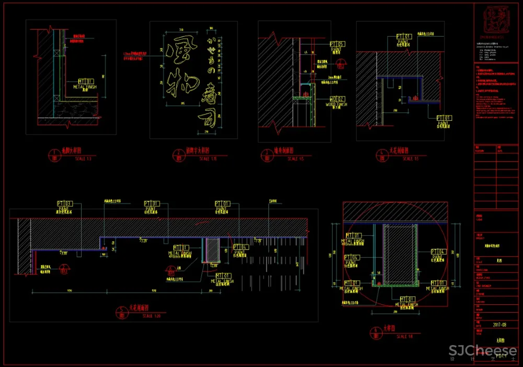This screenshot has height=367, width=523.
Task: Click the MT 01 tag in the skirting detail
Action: pyautogui.click(x=86, y=82)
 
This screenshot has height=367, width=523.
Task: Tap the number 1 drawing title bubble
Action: pyautogui.click(x=54, y=155)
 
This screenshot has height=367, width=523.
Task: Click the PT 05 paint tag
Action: pyautogui.click(x=337, y=44)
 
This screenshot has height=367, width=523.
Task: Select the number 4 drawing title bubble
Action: pyautogui.click(x=380, y=155)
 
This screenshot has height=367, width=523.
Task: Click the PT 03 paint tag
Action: pyautogui.click(x=65, y=204)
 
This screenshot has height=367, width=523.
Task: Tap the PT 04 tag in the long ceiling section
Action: pyautogui.click(x=240, y=247)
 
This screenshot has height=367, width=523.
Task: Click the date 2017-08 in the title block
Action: pyautogui.click(x=499, y=324)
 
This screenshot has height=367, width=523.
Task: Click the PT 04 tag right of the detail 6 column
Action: pyautogui.click(x=438, y=252)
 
